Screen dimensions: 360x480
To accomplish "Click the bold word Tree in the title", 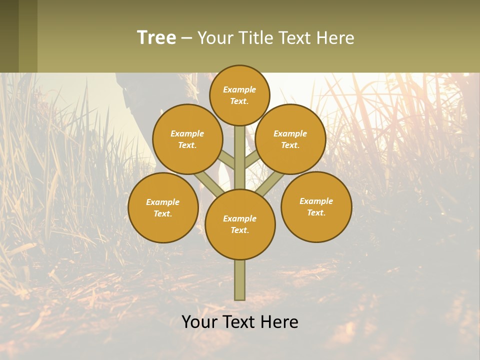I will click(156, 38).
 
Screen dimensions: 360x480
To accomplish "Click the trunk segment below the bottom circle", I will click(240, 280).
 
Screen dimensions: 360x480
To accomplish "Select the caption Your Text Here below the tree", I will click(240, 322).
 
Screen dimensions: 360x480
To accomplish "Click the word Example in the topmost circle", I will click(239, 90).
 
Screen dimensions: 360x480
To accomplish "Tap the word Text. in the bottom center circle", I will click(239, 230).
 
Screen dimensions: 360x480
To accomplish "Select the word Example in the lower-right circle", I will click(316, 201).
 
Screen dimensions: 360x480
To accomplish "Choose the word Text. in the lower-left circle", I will click(162, 214).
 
